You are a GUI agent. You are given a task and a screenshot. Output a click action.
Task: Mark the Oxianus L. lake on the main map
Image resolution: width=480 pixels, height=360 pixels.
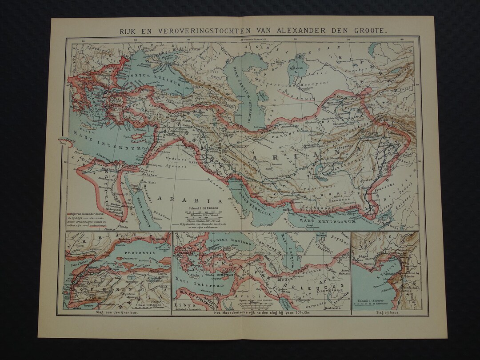pos(292,69)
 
